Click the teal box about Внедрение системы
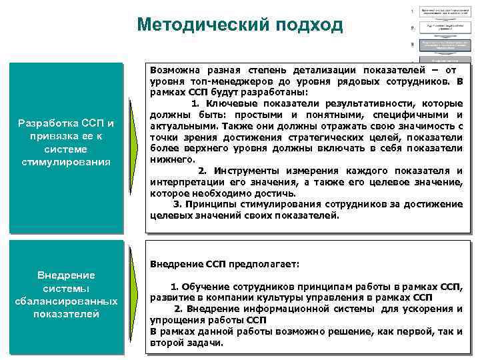click(66, 295)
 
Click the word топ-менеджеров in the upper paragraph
click(220, 81)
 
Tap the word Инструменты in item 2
click(247, 171)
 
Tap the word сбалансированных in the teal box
click(66, 301)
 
